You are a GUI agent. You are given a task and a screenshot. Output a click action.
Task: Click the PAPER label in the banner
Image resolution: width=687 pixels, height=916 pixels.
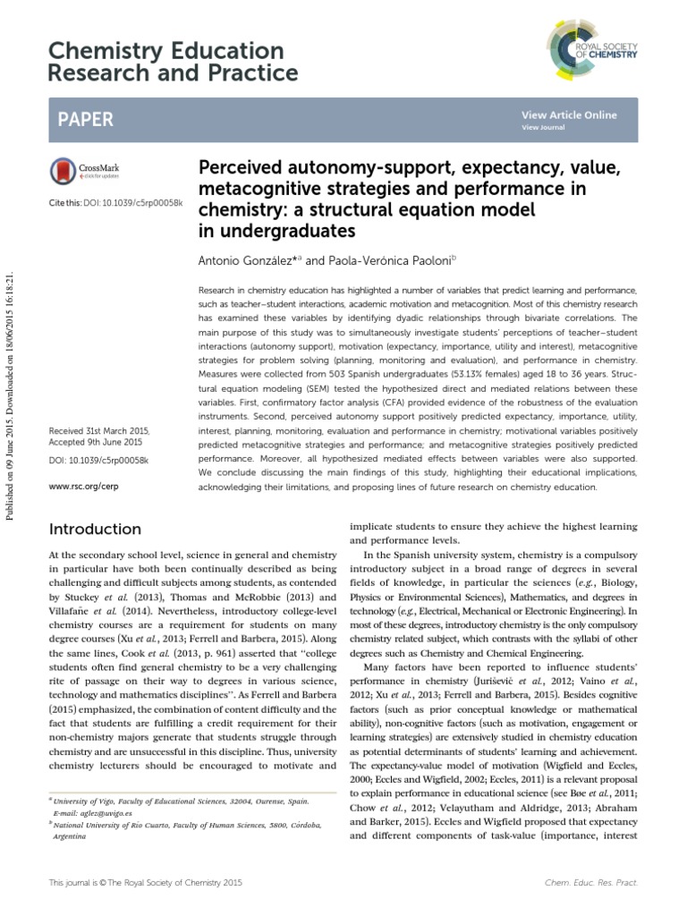86,120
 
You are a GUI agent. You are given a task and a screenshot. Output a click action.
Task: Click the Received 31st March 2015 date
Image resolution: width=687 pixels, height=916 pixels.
99,431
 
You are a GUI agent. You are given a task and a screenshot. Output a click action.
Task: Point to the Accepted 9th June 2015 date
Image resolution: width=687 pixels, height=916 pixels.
96,443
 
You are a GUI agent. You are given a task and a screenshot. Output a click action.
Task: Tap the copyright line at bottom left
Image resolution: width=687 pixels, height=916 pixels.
144,882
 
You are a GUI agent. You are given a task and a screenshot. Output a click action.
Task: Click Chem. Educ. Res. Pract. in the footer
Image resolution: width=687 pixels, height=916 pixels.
591,882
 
